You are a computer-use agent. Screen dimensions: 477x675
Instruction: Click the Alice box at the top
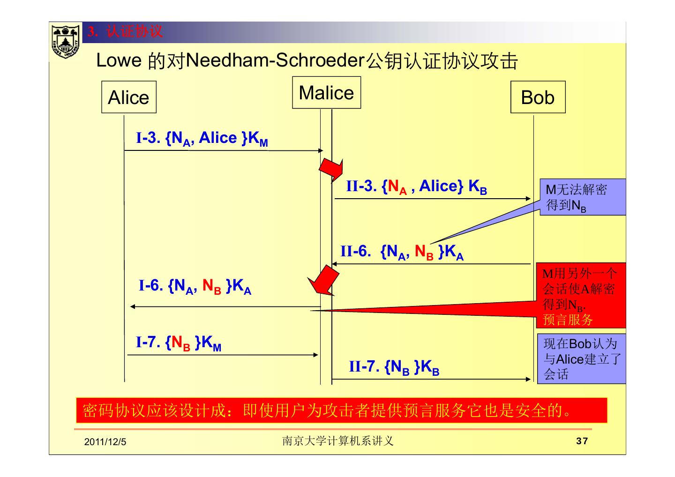[x=128, y=97]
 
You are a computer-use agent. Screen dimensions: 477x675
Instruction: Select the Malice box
[x=326, y=93]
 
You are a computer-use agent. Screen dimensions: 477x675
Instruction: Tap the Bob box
[x=538, y=97]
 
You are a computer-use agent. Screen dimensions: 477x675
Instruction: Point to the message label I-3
[x=202, y=139]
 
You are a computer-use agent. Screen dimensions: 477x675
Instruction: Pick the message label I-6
[x=195, y=286]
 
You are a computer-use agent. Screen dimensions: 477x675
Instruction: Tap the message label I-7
[x=179, y=343]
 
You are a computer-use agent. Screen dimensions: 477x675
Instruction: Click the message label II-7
[x=394, y=366]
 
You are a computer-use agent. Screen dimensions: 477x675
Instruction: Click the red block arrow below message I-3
[x=331, y=169]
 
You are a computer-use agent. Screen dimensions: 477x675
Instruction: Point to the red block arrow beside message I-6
[x=322, y=281]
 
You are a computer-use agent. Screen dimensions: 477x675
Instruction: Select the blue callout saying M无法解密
[x=582, y=197]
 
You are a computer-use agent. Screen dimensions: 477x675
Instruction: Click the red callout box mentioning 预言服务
[x=581, y=296]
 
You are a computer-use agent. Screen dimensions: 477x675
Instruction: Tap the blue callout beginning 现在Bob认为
[x=581, y=358]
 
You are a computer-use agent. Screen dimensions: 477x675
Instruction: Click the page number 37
[x=582, y=441]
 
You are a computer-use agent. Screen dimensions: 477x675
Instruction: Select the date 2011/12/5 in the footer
[x=105, y=442]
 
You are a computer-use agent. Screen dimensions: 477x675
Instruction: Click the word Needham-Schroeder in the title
[x=275, y=60]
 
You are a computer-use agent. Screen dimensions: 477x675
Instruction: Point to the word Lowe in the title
[x=119, y=60]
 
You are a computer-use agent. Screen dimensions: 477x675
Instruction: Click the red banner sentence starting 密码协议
[x=341, y=410]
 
